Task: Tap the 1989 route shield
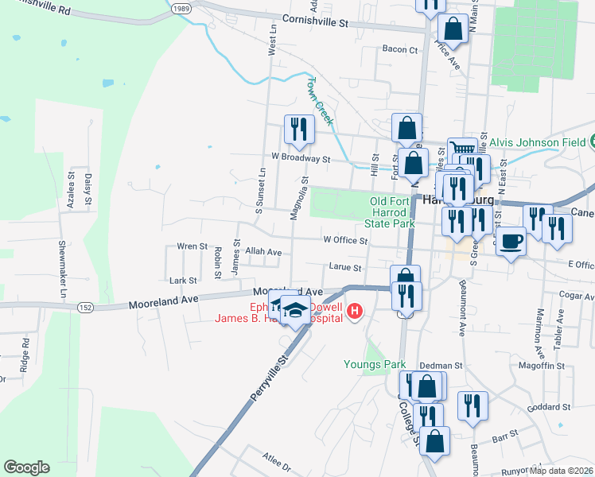click(x=181, y=7)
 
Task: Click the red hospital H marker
click(x=356, y=312)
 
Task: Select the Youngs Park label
click(x=375, y=365)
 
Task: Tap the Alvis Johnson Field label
click(x=538, y=142)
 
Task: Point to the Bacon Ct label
click(x=400, y=49)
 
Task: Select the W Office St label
click(x=345, y=239)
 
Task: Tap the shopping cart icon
click(x=463, y=148)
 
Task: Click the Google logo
click(x=26, y=467)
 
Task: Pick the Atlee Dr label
click(x=278, y=461)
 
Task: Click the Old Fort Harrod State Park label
click(x=393, y=212)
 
